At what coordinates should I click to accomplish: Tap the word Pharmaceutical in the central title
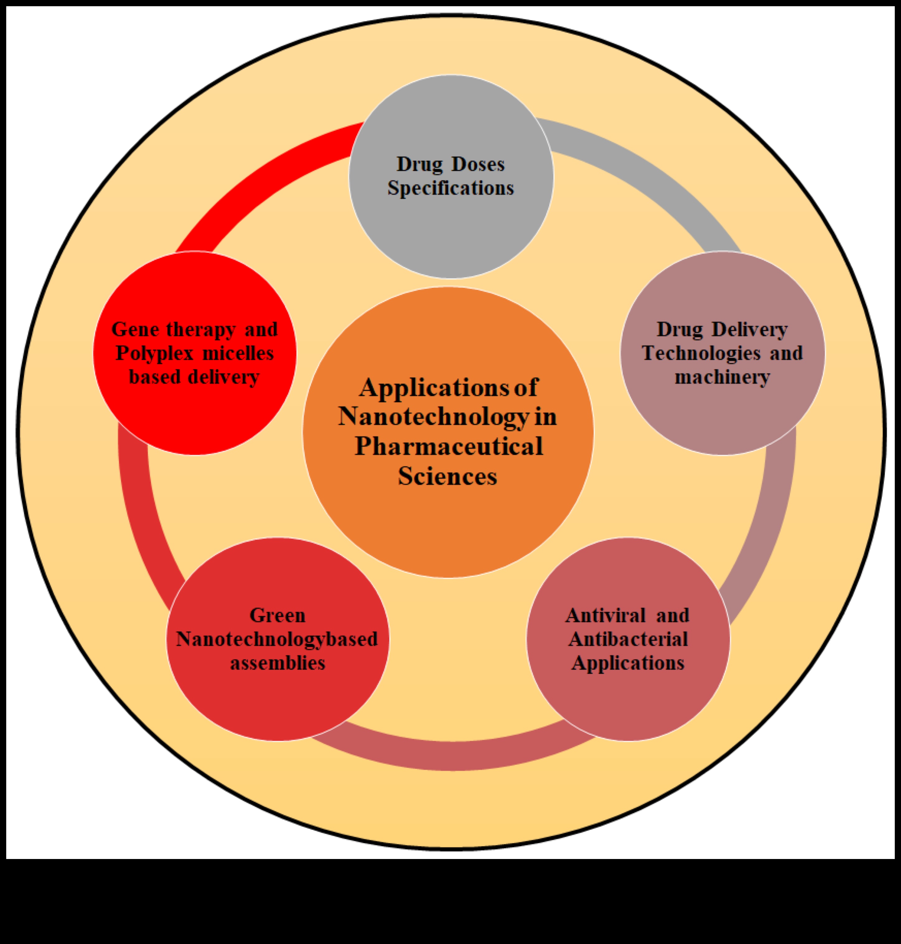click(448, 446)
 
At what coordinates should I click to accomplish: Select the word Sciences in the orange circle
click(448, 476)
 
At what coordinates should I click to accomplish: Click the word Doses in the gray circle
click(478, 165)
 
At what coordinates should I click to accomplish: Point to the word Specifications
click(451, 188)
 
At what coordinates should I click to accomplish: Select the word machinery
click(722, 377)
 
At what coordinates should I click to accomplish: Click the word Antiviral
click(605, 616)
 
